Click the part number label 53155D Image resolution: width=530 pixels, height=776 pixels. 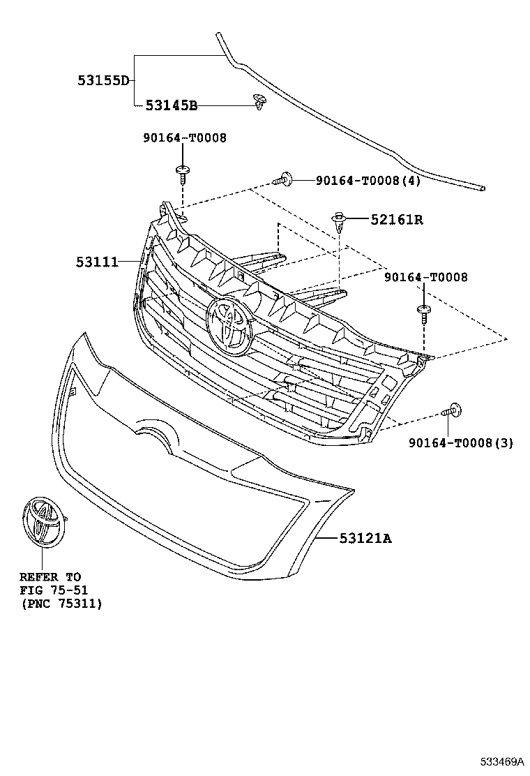pos(103,80)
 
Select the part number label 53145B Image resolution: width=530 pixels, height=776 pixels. pos(171,105)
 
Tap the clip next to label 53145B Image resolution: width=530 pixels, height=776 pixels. pos(259,102)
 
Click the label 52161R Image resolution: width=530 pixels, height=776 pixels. pos(397,219)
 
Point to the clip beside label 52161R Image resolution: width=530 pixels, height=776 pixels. pos(339,222)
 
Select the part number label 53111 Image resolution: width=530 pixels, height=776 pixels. pos(97,262)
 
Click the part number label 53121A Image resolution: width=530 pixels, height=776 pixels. pos(365,538)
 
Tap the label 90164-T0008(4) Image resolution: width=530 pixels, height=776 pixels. pos(368,181)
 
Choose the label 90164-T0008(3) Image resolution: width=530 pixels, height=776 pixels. pos(461,443)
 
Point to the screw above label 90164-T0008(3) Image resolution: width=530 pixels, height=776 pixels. pos(451,410)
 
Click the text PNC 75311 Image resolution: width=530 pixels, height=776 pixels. pos(61,603)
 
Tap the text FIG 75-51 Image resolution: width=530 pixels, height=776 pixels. pos(54,590)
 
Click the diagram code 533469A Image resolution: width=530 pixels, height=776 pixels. pos(501,760)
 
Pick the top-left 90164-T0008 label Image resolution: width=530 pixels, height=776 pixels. pos(185,137)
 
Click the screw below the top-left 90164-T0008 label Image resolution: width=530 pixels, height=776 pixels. pos(183,175)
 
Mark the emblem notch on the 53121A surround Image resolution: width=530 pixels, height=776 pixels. pos(159,431)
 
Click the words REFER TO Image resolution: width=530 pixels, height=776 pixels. pos(50,577)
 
